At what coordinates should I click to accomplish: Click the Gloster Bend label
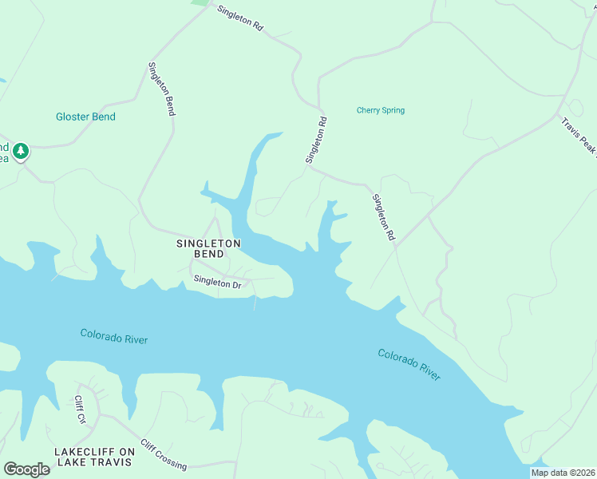pos(85,117)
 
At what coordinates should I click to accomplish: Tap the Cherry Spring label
pos(380,110)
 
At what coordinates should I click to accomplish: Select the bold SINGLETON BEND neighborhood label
pos(208,247)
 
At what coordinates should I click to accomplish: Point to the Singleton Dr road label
pos(217,283)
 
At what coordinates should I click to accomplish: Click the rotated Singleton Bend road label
pos(160,89)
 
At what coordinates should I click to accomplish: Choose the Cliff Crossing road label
pos(164,455)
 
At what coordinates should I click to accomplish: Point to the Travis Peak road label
pos(578,137)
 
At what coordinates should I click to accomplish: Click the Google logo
pos(26,469)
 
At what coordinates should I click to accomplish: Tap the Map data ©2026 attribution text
pos(563,473)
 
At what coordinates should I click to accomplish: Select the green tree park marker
pos(21,150)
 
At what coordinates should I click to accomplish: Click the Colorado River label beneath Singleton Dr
pos(114,336)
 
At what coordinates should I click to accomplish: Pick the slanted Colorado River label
pos(409,364)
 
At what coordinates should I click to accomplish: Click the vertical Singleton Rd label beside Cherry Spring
pos(316,141)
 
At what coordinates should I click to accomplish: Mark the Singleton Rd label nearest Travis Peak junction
pos(383,217)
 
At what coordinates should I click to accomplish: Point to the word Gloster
pos(70,117)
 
